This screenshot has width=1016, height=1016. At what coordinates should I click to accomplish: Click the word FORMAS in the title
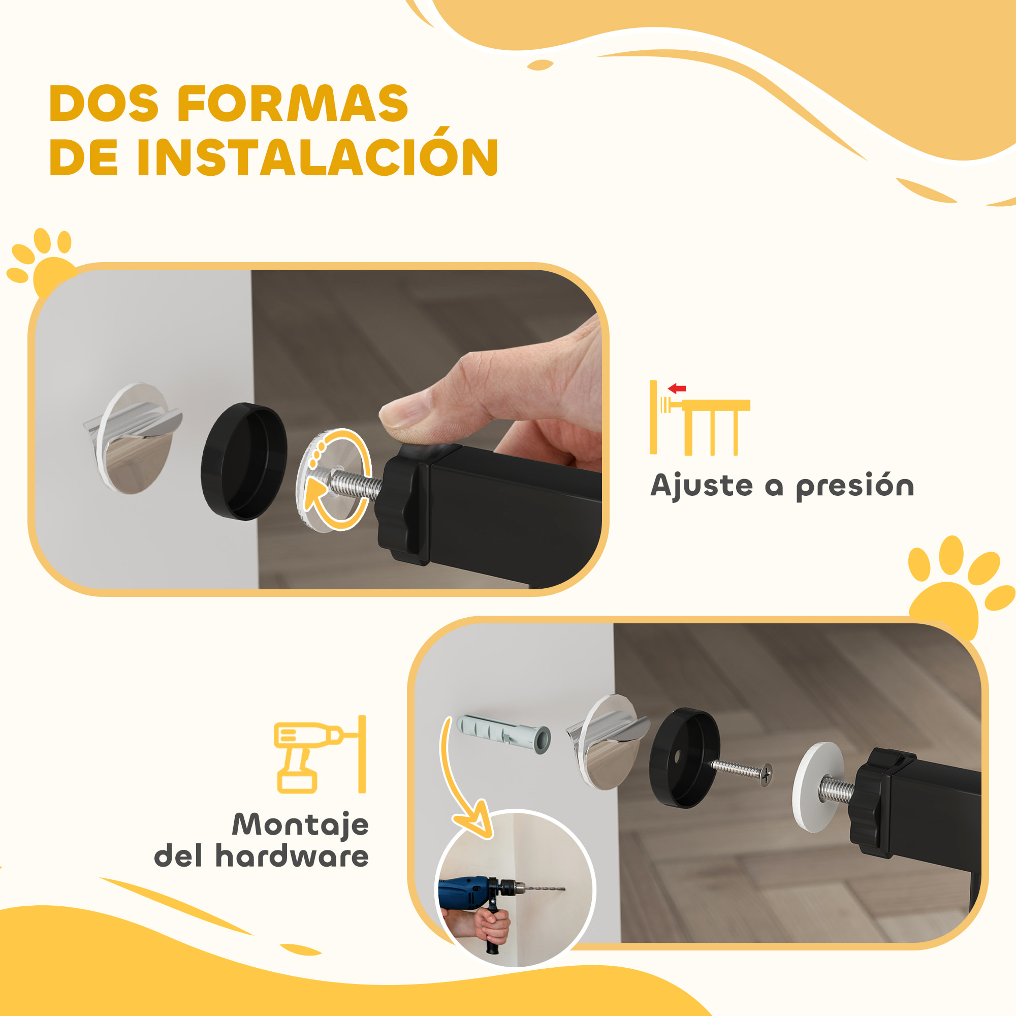[293, 104]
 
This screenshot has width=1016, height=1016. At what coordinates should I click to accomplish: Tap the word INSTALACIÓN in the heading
[317, 158]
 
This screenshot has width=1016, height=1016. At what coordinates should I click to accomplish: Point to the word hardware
[292, 856]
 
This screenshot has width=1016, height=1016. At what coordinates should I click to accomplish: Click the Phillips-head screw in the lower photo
[742, 772]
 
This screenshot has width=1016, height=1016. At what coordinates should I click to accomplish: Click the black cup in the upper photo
[244, 461]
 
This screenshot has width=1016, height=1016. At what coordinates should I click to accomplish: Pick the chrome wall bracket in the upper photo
[134, 437]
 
